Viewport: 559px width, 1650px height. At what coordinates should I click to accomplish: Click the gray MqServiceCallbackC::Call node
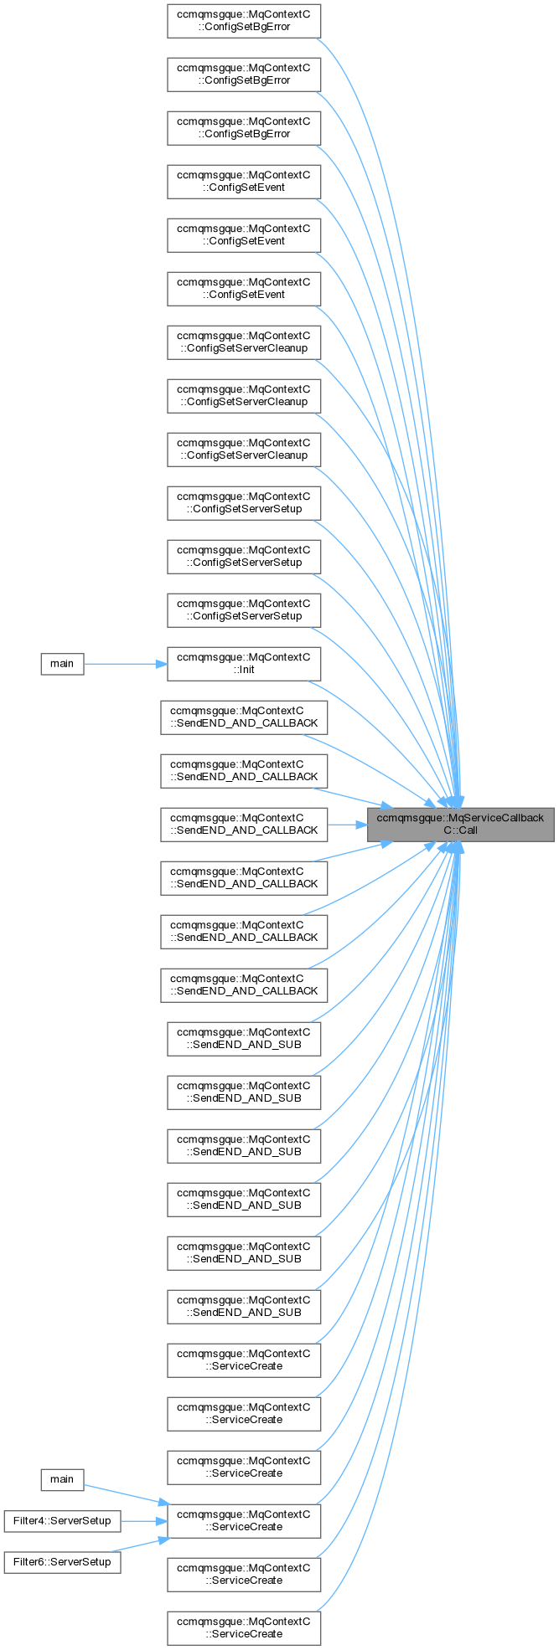click(460, 824)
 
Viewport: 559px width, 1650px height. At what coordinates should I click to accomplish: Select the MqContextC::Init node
click(243, 663)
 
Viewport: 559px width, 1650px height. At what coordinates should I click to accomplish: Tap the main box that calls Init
click(62, 663)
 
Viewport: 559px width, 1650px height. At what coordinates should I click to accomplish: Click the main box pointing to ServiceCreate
click(62, 1479)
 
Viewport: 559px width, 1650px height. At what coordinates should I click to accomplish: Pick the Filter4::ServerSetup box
click(62, 1520)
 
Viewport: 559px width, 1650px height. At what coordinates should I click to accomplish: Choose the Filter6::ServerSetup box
click(62, 1562)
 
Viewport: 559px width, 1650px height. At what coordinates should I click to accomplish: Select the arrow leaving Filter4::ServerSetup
click(142, 1520)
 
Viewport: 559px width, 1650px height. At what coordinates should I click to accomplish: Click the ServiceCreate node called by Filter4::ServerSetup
click(243, 1520)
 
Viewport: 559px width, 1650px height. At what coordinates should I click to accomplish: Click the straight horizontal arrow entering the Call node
click(347, 824)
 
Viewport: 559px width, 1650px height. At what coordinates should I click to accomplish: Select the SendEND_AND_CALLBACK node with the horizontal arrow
click(243, 824)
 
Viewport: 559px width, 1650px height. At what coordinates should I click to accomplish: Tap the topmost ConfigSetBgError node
click(243, 20)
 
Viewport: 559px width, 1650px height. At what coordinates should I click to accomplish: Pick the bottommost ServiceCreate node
click(243, 1627)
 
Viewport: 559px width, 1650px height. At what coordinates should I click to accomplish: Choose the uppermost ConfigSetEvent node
click(243, 181)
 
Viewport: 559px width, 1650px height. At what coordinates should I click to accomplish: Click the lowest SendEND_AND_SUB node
click(243, 1306)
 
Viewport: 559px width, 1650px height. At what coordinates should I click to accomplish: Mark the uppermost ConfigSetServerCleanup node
click(243, 342)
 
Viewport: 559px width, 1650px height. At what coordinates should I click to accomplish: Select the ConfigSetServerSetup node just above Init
click(243, 609)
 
